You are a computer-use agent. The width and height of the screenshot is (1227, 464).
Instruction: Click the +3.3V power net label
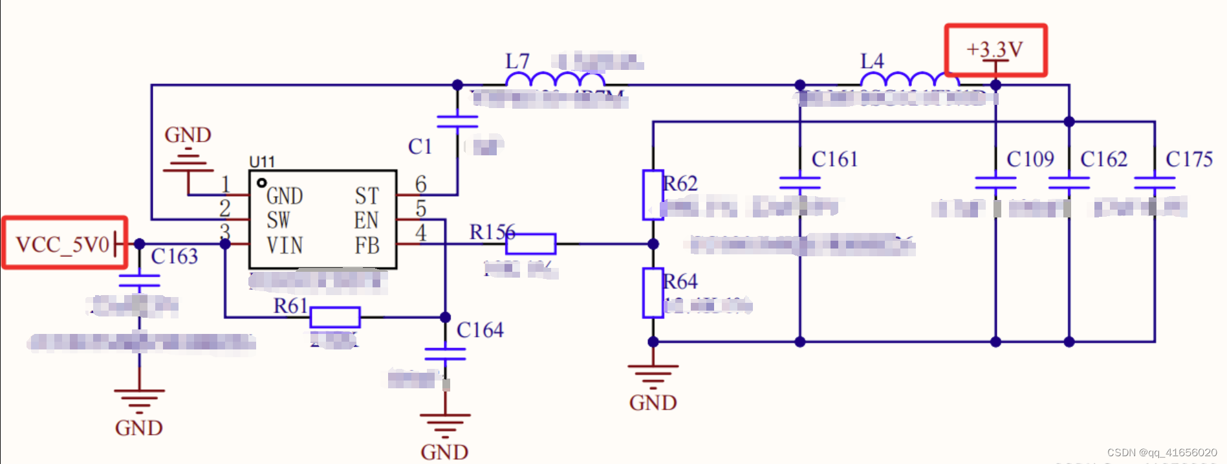click(994, 49)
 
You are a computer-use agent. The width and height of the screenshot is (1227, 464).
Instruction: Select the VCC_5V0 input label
click(63, 245)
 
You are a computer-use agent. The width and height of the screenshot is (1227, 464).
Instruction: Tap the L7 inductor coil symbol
click(555, 80)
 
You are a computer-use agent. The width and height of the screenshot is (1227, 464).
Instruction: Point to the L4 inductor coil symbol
click(909, 80)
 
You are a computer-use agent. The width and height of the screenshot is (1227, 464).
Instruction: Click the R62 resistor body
click(653, 195)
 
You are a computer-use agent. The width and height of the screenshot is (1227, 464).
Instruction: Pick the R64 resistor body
click(653, 293)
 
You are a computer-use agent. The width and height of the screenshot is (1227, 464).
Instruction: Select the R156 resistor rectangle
click(530, 244)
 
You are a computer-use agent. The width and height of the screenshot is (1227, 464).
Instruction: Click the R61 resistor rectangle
click(334, 317)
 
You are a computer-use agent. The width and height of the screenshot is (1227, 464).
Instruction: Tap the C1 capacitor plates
click(457, 122)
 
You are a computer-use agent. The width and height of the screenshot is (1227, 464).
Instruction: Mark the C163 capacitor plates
click(139, 280)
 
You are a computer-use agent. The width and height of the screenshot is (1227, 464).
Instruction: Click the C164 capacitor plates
click(445, 354)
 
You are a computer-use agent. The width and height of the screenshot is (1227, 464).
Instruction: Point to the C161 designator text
click(834, 159)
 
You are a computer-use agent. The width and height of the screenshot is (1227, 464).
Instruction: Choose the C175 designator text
click(1189, 159)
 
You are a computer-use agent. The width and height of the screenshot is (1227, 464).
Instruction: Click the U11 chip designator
click(262, 162)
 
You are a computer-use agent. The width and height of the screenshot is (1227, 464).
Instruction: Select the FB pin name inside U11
click(367, 246)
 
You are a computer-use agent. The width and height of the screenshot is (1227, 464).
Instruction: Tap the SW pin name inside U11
click(278, 221)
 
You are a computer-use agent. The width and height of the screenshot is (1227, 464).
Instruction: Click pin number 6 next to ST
click(420, 184)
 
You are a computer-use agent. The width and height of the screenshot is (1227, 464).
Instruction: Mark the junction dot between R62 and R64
click(653, 244)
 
